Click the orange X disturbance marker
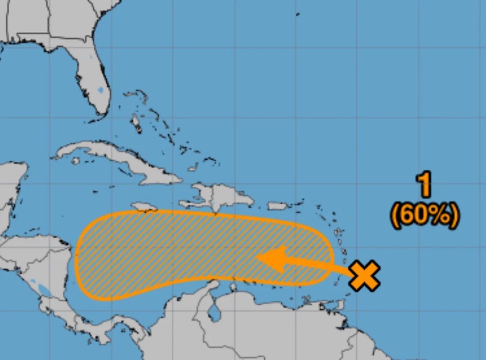pos(364,276)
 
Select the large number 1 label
pos(424,185)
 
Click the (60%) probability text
pos(424,215)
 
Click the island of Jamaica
pos(144,206)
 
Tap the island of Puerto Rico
pos(277,206)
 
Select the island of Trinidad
pos(339,305)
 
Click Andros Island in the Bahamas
pos(136,123)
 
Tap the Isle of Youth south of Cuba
pos(75,161)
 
